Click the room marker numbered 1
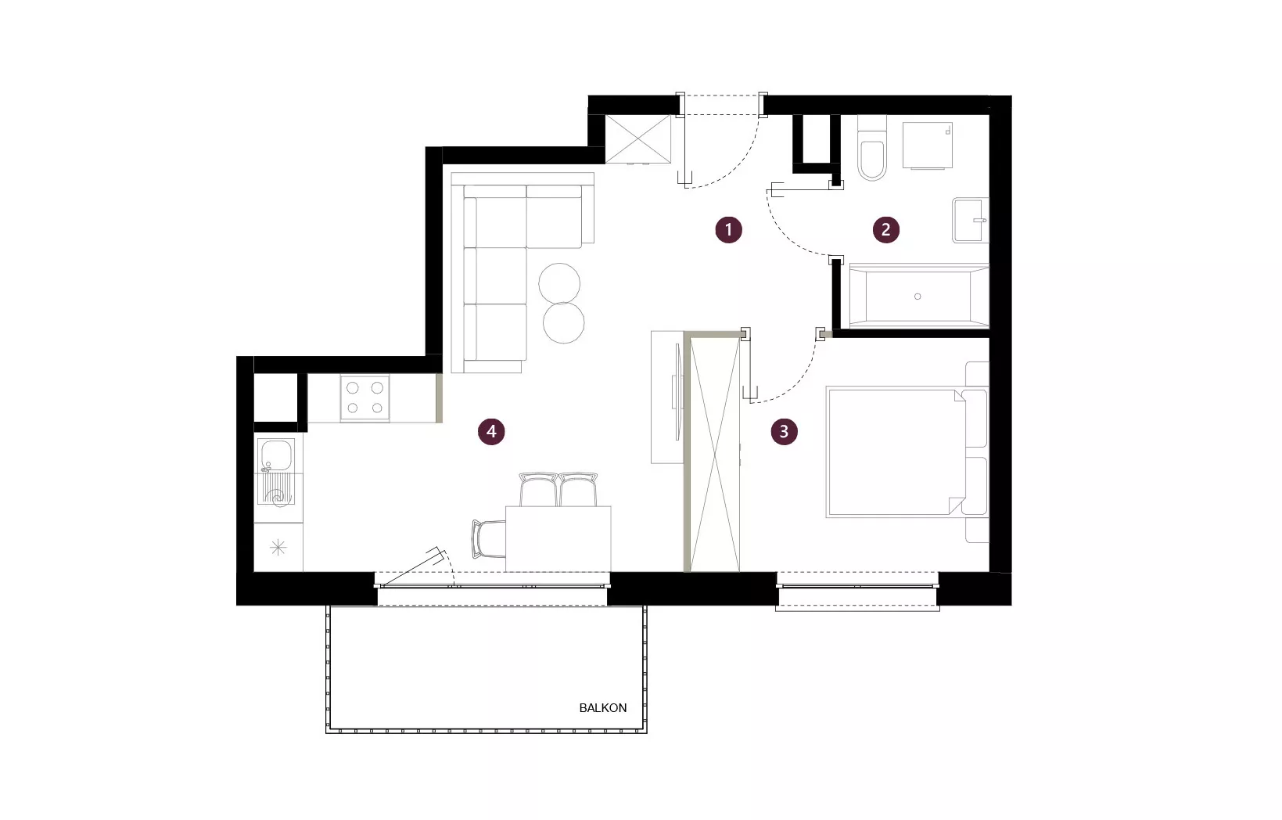point(728,229)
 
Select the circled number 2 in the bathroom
point(886,229)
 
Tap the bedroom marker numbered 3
point(784,431)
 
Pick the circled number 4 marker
point(491,431)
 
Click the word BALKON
point(602,708)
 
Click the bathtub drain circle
point(918,297)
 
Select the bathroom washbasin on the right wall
point(971,221)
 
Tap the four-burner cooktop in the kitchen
point(364,398)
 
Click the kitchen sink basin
point(276,455)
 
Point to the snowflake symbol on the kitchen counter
point(278,548)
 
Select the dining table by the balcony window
point(558,539)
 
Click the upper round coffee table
point(559,283)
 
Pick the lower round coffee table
point(564,323)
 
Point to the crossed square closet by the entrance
point(637,139)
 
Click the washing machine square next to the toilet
point(928,146)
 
